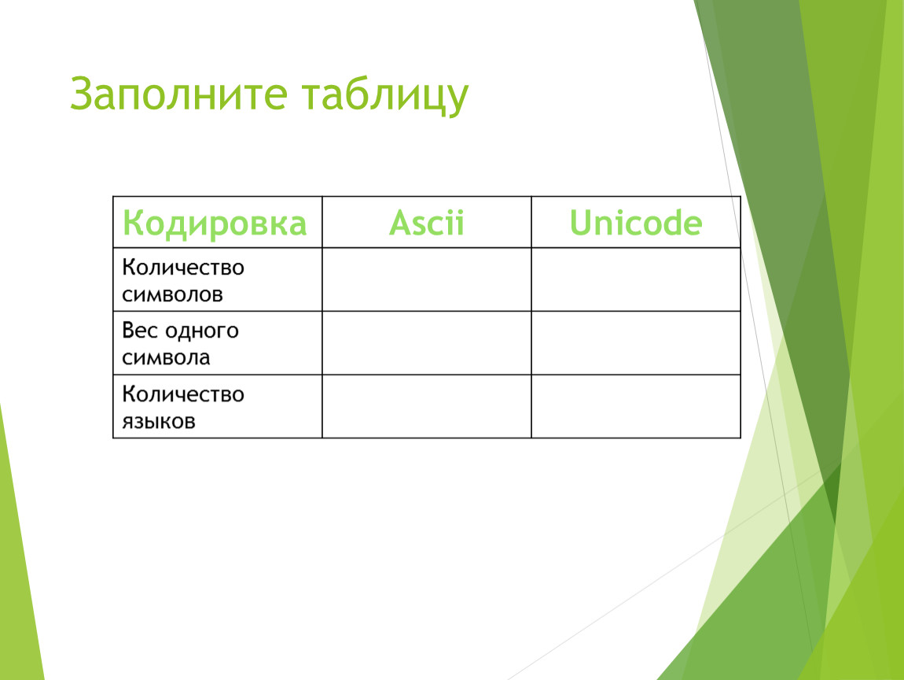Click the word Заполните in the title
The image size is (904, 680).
[x=178, y=94]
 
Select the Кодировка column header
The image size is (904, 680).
[x=215, y=224]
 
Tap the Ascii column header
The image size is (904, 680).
[x=427, y=223]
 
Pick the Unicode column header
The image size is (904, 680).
[x=636, y=223]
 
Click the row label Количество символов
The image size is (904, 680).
[x=183, y=280]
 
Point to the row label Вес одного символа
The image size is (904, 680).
[x=181, y=343]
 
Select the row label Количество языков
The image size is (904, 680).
[x=183, y=407]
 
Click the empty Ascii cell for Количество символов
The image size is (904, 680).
[x=427, y=279]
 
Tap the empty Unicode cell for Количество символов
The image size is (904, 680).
[x=636, y=279]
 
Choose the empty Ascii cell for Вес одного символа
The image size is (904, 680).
[x=427, y=343]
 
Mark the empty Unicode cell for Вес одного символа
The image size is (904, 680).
[x=636, y=343]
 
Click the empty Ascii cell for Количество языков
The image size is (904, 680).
[x=427, y=406]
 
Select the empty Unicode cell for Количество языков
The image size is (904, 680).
[x=636, y=406]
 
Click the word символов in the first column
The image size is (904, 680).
[x=172, y=295]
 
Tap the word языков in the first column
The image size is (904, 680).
[x=159, y=421]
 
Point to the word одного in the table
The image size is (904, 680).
[x=202, y=331]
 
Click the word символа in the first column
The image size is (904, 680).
[x=166, y=358]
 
